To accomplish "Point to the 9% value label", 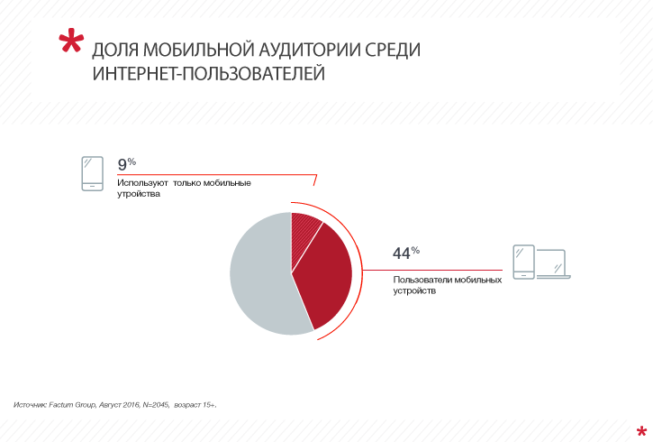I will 126,164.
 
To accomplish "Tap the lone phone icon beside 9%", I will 91,173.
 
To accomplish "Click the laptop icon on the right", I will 553,263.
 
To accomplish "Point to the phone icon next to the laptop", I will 523,262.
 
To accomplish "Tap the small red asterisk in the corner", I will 639,429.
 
